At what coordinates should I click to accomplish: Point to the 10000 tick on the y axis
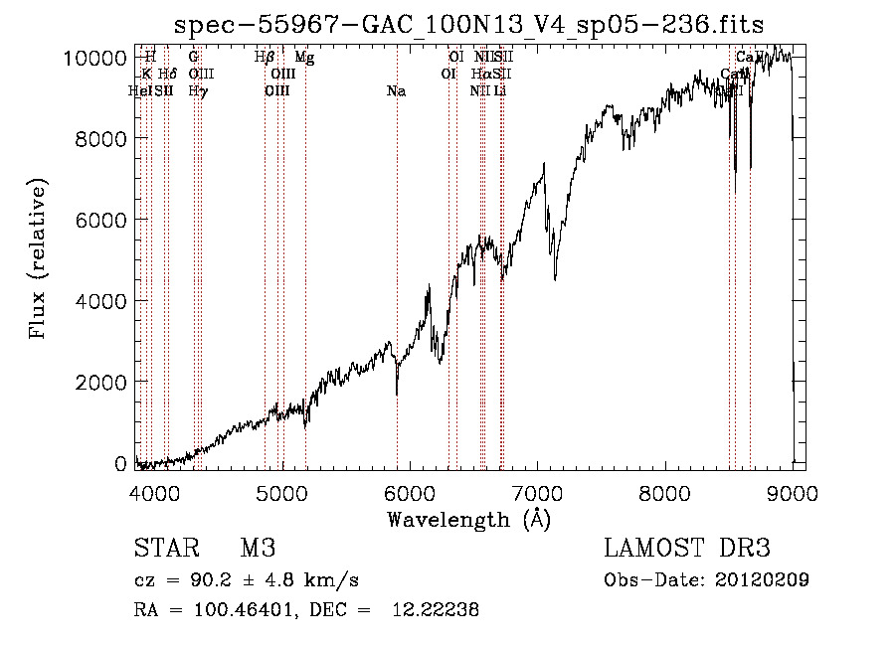[98, 58]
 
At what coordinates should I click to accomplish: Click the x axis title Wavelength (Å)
[468, 519]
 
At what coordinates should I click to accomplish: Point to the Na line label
[396, 91]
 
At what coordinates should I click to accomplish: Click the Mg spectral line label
[304, 58]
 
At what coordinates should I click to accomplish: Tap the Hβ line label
[265, 58]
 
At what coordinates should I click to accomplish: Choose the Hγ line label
[198, 91]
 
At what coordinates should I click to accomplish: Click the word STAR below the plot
[166, 549]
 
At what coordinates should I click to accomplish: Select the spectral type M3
[258, 549]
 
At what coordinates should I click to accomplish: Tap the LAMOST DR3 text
[687, 549]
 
